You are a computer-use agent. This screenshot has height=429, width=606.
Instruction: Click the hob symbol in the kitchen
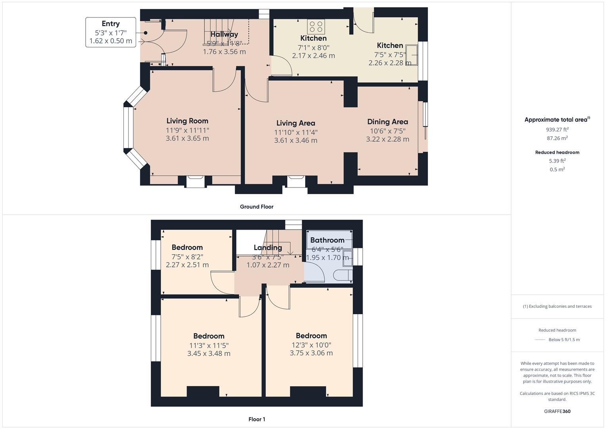(316, 27)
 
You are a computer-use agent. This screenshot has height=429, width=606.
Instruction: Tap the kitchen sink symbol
(414, 55)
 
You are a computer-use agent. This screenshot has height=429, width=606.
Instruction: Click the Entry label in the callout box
(110, 24)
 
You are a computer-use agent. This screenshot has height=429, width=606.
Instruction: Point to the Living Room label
(187, 121)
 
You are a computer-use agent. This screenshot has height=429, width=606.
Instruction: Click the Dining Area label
(387, 122)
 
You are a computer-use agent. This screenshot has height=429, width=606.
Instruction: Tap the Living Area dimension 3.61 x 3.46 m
(296, 140)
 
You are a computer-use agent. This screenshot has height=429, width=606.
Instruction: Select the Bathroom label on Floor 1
(327, 240)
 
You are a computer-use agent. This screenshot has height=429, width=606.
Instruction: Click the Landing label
(268, 247)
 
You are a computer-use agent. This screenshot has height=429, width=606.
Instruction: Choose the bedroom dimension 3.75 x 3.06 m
(311, 353)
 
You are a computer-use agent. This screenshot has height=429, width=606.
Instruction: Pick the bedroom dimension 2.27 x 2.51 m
(187, 265)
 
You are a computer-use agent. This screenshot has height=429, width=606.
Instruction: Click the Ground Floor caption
(256, 207)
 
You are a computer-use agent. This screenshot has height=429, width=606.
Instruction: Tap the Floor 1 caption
(256, 419)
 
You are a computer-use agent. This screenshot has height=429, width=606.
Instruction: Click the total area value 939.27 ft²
(557, 129)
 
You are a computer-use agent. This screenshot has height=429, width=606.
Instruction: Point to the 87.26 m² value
(557, 138)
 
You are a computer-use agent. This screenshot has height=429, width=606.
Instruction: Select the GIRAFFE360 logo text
(557, 411)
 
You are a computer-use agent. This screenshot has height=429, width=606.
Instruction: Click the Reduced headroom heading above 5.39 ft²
(557, 152)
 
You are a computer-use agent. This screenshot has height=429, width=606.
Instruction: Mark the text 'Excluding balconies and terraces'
(559, 306)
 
